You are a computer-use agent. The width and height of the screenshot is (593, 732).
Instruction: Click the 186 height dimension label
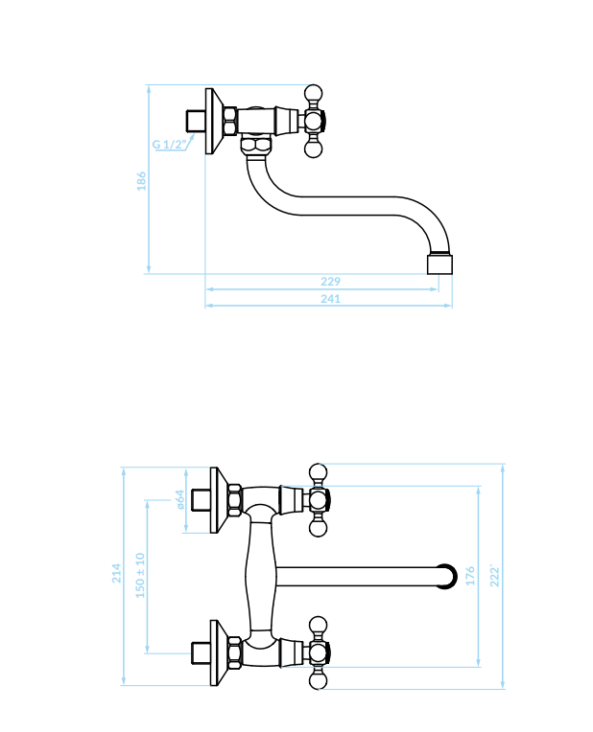[141, 181]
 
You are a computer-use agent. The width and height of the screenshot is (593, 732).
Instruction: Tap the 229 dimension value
[331, 282]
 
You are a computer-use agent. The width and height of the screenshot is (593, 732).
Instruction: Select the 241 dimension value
[331, 299]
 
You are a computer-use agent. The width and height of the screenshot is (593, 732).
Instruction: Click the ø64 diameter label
[180, 499]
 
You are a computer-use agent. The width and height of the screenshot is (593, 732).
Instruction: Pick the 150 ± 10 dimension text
[140, 575]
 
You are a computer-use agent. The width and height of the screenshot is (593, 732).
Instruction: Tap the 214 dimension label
[116, 573]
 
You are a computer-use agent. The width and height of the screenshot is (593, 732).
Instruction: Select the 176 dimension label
[470, 576]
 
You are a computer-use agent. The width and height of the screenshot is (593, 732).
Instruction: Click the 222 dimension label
[495, 576]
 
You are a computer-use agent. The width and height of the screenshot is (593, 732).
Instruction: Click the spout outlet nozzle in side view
[440, 263]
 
